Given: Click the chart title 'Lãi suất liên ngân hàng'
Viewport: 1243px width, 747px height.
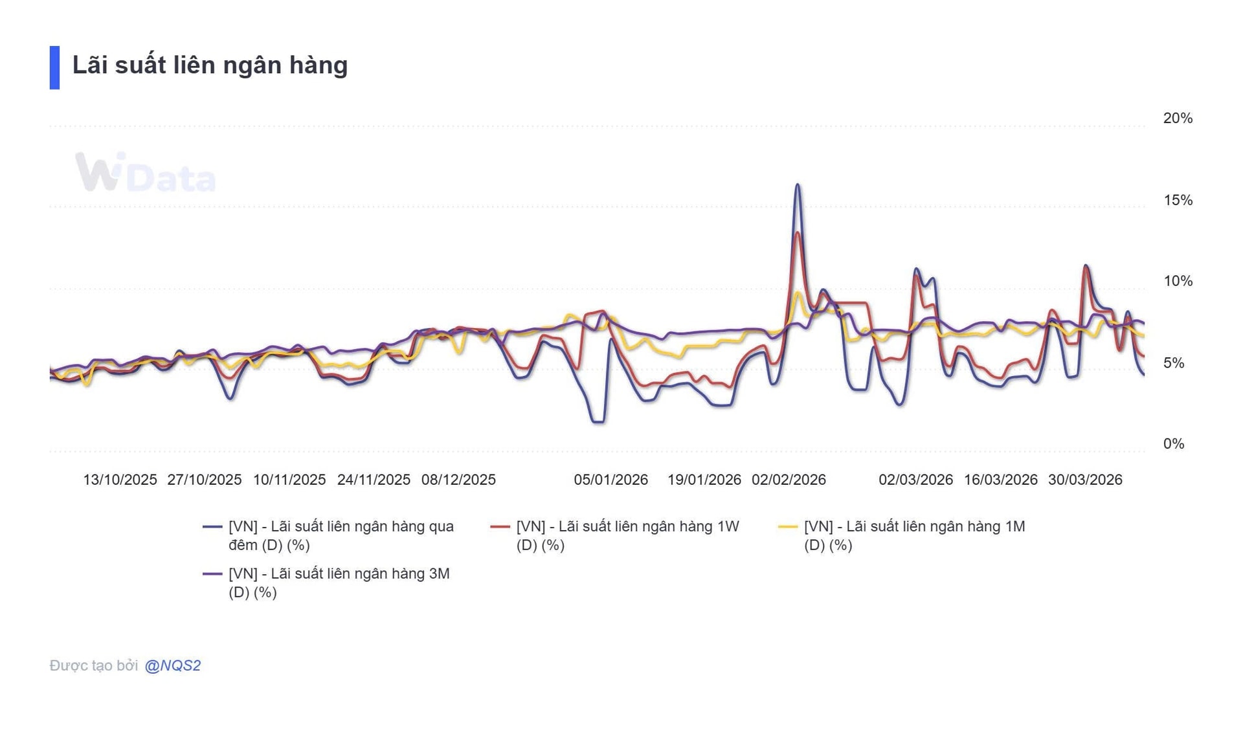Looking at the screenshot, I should [210, 65].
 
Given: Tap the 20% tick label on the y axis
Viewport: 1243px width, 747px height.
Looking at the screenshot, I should [1177, 118].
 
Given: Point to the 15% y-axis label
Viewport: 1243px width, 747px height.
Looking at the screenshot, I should [1177, 200].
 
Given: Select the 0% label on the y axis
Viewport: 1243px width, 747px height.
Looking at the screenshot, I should [1173, 443].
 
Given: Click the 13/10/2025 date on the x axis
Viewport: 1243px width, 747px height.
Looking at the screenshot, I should [120, 480].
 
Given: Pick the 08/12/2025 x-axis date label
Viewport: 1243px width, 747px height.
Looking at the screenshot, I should [458, 480].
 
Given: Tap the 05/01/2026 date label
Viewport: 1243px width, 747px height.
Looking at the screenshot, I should [610, 480].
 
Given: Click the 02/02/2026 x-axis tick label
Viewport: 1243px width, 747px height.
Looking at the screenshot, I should [789, 480].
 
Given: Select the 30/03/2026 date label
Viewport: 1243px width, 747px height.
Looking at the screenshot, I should [1085, 480].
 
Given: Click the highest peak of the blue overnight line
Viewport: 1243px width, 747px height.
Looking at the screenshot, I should [798, 185].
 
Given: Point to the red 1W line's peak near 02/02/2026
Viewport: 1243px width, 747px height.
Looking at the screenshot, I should [798, 233].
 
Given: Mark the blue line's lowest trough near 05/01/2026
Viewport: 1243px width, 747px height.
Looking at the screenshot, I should [599, 422].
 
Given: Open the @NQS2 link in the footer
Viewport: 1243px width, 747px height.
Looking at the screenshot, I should [173, 665].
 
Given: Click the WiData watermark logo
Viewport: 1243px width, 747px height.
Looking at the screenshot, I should [145, 173].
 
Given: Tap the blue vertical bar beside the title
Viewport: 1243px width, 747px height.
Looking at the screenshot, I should [54, 67].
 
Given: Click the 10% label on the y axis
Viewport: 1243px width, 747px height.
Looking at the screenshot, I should [1177, 281].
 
